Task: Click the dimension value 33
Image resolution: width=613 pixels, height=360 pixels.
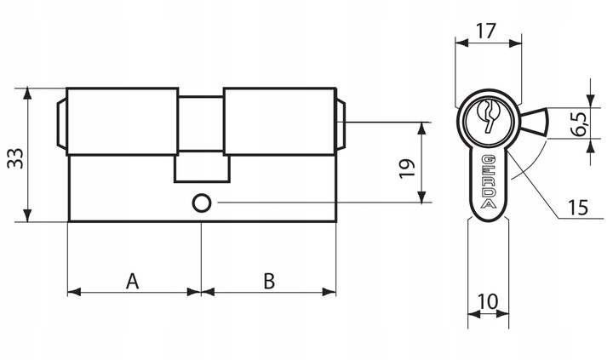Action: [x=15, y=157]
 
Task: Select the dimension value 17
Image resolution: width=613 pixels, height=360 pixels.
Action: [x=487, y=32]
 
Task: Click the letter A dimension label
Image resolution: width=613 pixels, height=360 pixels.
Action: [x=133, y=280]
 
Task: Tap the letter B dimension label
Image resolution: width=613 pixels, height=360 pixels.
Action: [x=268, y=280]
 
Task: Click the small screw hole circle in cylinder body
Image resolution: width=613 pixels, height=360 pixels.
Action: [x=202, y=203]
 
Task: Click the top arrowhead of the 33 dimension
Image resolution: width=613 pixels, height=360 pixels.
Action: [x=29, y=91]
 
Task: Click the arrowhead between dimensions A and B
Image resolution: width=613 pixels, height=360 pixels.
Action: [x=202, y=291]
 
